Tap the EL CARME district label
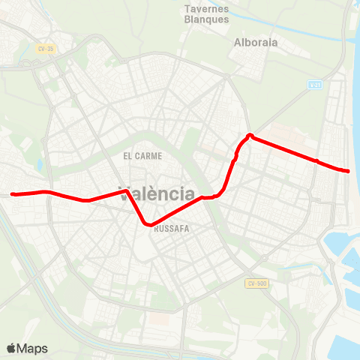pos(142,156)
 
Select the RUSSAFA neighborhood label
pos(171,230)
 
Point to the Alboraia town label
pos(256,43)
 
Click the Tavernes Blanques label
pos(206,14)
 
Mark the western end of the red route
pos(13,194)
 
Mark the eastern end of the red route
pos(348,171)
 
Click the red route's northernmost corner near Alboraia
pos(250,136)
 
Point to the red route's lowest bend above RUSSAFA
pos(149,223)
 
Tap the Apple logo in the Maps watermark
pos(11,349)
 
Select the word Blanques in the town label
pos(206,19)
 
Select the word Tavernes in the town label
pos(206,9)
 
